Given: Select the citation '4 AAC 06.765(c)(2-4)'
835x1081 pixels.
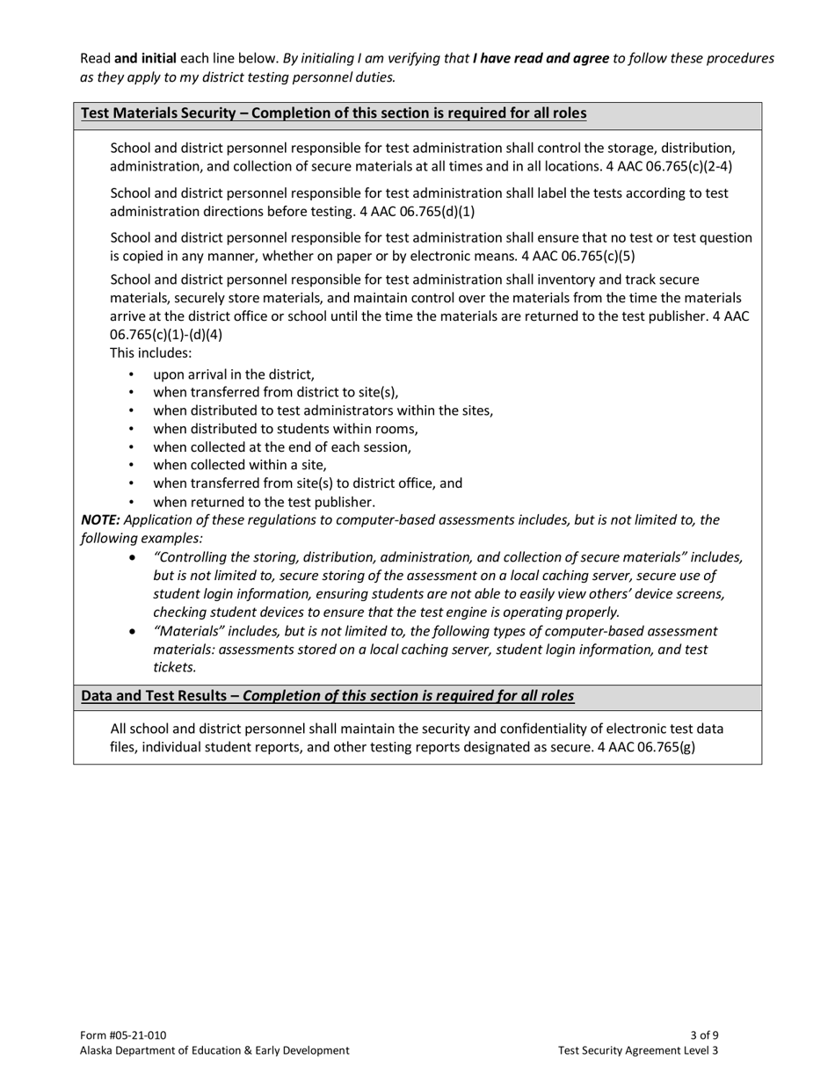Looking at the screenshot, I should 669,166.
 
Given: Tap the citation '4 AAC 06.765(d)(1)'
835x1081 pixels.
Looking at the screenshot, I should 417,211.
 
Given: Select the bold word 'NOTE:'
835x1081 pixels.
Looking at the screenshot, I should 100,520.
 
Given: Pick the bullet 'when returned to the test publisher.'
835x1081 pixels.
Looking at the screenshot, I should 264,503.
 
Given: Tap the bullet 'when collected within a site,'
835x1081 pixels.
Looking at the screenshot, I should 240,466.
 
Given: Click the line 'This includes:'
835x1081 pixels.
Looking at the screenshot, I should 150,353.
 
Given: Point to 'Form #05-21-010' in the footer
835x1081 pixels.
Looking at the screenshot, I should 123,1034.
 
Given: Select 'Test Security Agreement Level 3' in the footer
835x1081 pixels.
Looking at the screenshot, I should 638,1050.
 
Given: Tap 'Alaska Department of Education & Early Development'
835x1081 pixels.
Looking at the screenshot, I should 214,1050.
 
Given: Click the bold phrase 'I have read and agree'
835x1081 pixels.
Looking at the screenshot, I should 541,58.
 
